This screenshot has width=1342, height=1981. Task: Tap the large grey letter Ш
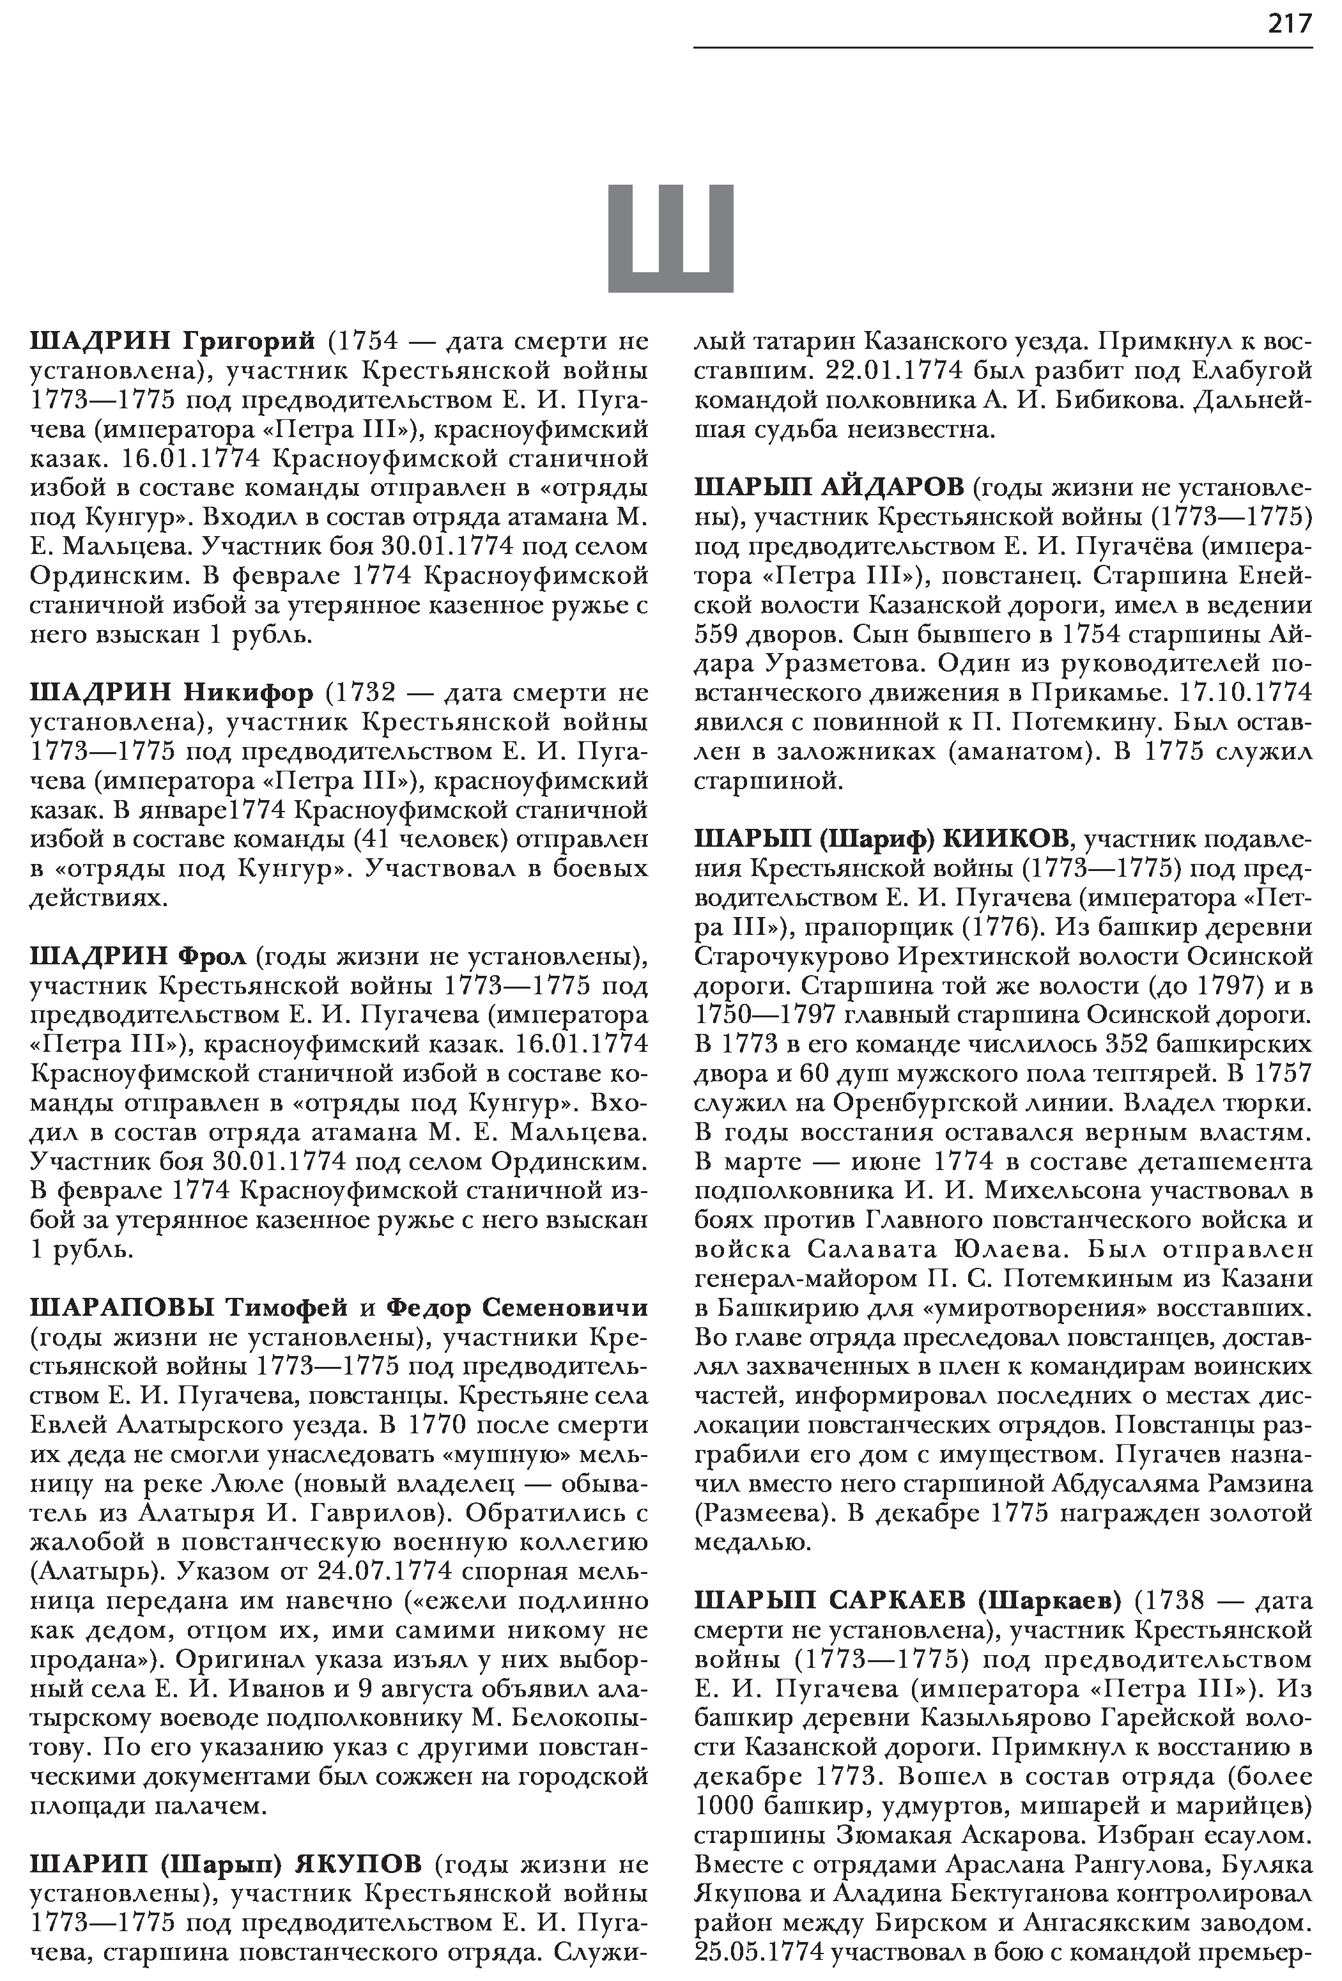[670, 238]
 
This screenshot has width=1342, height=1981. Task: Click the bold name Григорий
[250, 342]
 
